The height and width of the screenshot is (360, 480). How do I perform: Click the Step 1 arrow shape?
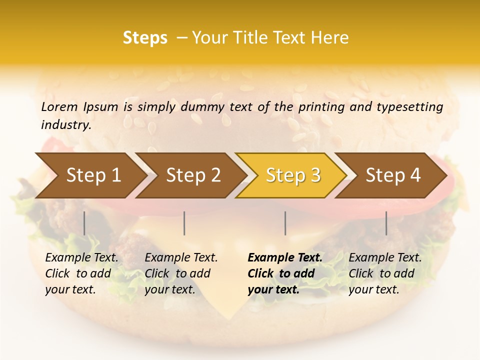click(90, 175)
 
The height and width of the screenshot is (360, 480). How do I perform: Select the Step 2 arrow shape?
click(192, 175)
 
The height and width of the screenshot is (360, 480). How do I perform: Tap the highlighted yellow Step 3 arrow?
click(292, 175)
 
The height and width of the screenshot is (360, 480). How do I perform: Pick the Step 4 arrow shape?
click(392, 175)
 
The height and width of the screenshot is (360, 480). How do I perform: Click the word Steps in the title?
click(145, 38)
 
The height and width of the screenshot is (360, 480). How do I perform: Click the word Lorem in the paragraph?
click(59, 106)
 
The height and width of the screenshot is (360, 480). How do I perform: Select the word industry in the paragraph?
click(65, 125)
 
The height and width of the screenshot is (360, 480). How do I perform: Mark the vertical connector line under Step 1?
click(84, 223)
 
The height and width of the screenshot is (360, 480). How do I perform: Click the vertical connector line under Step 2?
click(184, 223)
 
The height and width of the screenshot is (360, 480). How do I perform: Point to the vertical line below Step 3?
click(285, 223)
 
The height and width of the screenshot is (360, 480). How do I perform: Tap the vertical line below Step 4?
click(386, 223)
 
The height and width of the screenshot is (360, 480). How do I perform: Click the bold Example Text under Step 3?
click(285, 258)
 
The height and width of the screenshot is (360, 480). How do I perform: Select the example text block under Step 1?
click(81, 273)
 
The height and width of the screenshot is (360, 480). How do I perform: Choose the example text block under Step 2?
click(181, 273)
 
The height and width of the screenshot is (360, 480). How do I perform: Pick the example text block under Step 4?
click(385, 273)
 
